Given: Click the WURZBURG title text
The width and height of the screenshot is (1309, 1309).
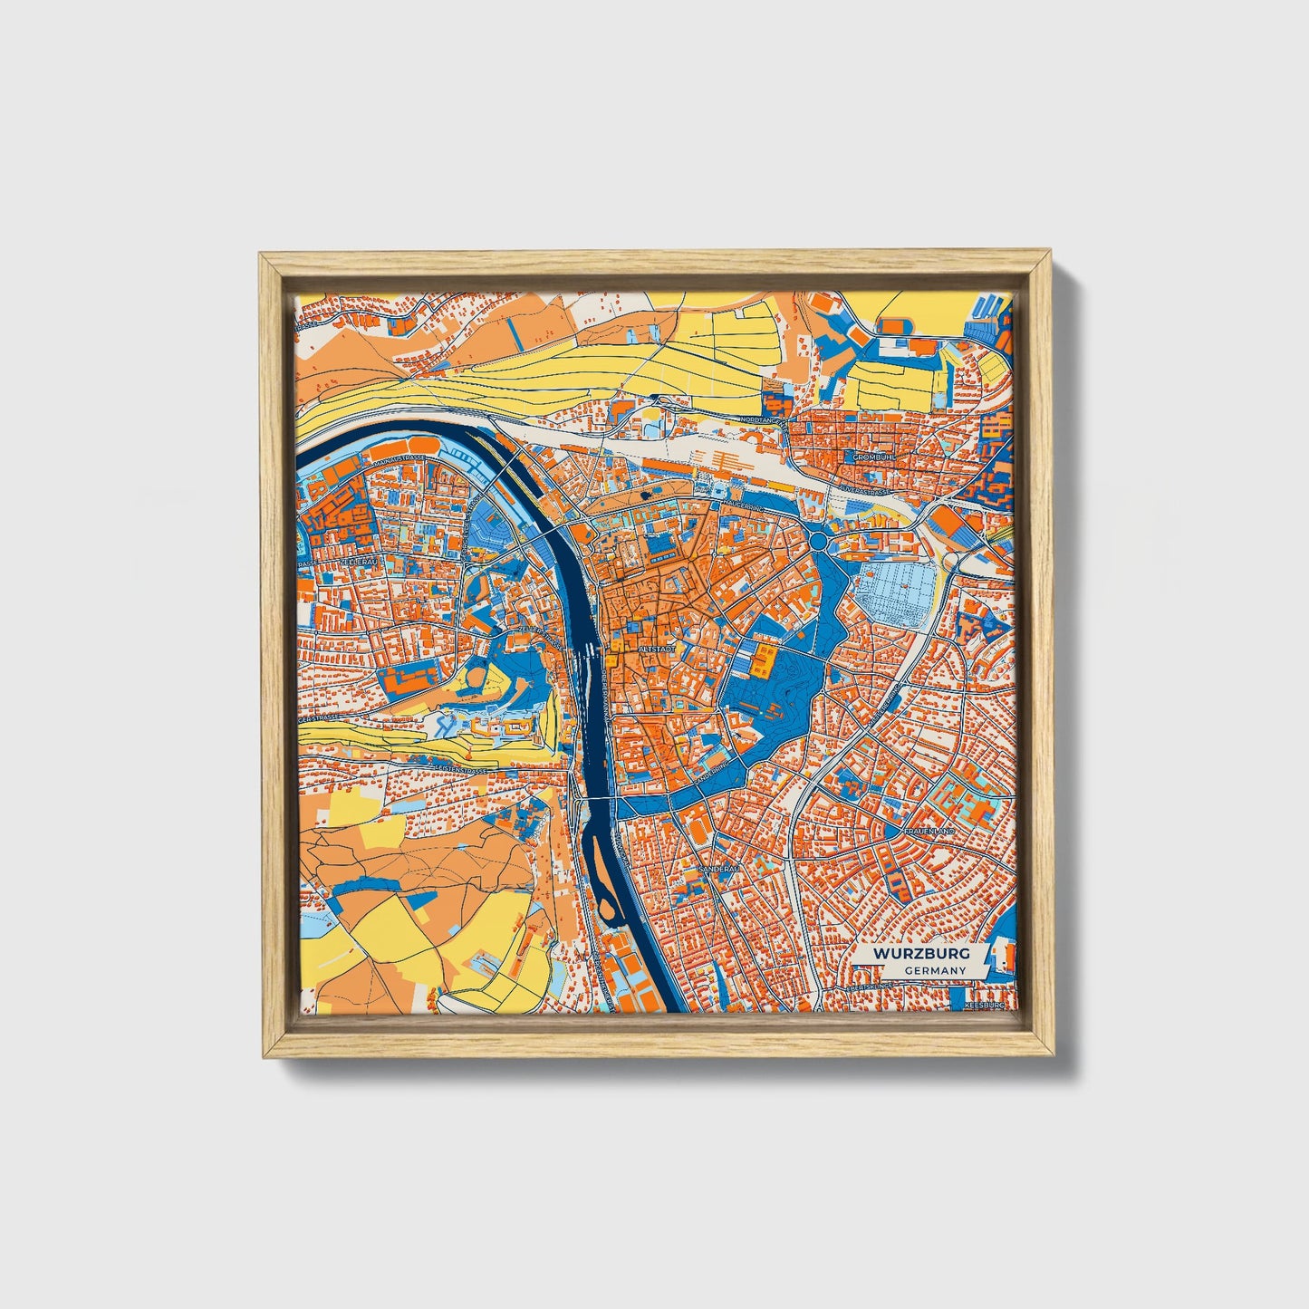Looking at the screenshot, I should pyautogui.click(x=921, y=954).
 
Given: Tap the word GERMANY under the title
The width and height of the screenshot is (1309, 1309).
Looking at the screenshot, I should pyautogui.click(x=934, y=970).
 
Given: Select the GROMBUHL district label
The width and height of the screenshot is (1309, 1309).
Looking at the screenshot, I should pyautogui.click(x=872, y=457).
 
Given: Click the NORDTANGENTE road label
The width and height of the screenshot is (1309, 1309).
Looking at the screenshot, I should pyautogui.click(x=765, y=419).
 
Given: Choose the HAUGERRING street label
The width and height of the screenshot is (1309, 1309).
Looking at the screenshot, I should pyautogui.click(x=740, y=506).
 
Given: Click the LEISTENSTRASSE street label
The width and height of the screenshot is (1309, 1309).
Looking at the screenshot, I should pyautogui.click(x=462, y=769).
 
